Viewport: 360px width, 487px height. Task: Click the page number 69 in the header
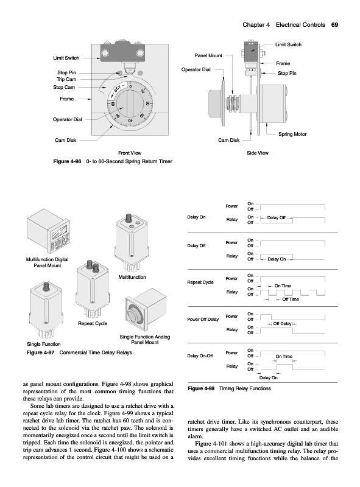click(x=334, y=25)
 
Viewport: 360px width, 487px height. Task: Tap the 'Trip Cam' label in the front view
click(x=66, y=79)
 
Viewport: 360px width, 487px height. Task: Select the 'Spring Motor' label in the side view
click(x=292, y=134)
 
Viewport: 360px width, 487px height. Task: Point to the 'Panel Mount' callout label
click(x=208, y=55)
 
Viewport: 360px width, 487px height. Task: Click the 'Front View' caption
click(x=130, y=153)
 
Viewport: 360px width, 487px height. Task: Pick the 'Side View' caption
click(x=258, y=153)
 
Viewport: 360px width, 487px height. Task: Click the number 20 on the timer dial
click(x=147, y=103)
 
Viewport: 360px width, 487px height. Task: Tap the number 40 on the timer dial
click(x=130, y=120)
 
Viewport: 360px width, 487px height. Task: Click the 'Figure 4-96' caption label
click(x=67, y=161)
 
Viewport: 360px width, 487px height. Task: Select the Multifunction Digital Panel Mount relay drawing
click(x=48, y=231)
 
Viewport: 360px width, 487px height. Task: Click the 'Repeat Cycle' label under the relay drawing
click(x=93, y=323)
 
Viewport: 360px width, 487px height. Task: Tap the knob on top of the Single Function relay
click(x=47, y=285)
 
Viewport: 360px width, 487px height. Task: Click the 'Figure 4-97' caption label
click(x=40, y=352)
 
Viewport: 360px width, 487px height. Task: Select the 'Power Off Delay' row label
click(x=203, y=319)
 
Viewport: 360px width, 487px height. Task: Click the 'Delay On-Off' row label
click(x=200, y=356)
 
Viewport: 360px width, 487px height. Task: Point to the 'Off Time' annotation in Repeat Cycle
click(x=291, y=299)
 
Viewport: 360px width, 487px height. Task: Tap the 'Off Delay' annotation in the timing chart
click(x=282, y=324)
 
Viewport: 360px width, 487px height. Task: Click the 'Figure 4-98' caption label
click(x=201, y=388)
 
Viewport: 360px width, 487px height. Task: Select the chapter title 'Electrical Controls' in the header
click(x=300, y=25)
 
